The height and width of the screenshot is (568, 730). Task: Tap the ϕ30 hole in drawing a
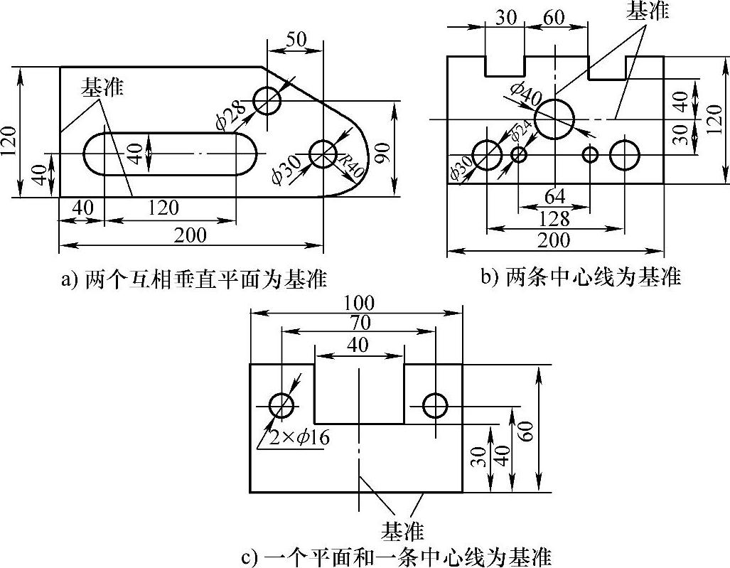pyautogui.click(x=323, y=153)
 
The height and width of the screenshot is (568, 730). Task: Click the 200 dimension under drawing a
pyautogui.click(x=190, y=236)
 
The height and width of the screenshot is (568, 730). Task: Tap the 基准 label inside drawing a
pyautogui.click(x=102, y=87)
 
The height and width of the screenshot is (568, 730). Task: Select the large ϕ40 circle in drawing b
pyautogui.click(x=554, y=119)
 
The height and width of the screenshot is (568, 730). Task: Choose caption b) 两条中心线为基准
pyautogui.click(x=581, y=277)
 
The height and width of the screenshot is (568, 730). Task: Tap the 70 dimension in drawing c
pyautogui.click(x=360, y=322)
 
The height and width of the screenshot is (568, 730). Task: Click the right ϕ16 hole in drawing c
pyautogui.click(x=435, y=406)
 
